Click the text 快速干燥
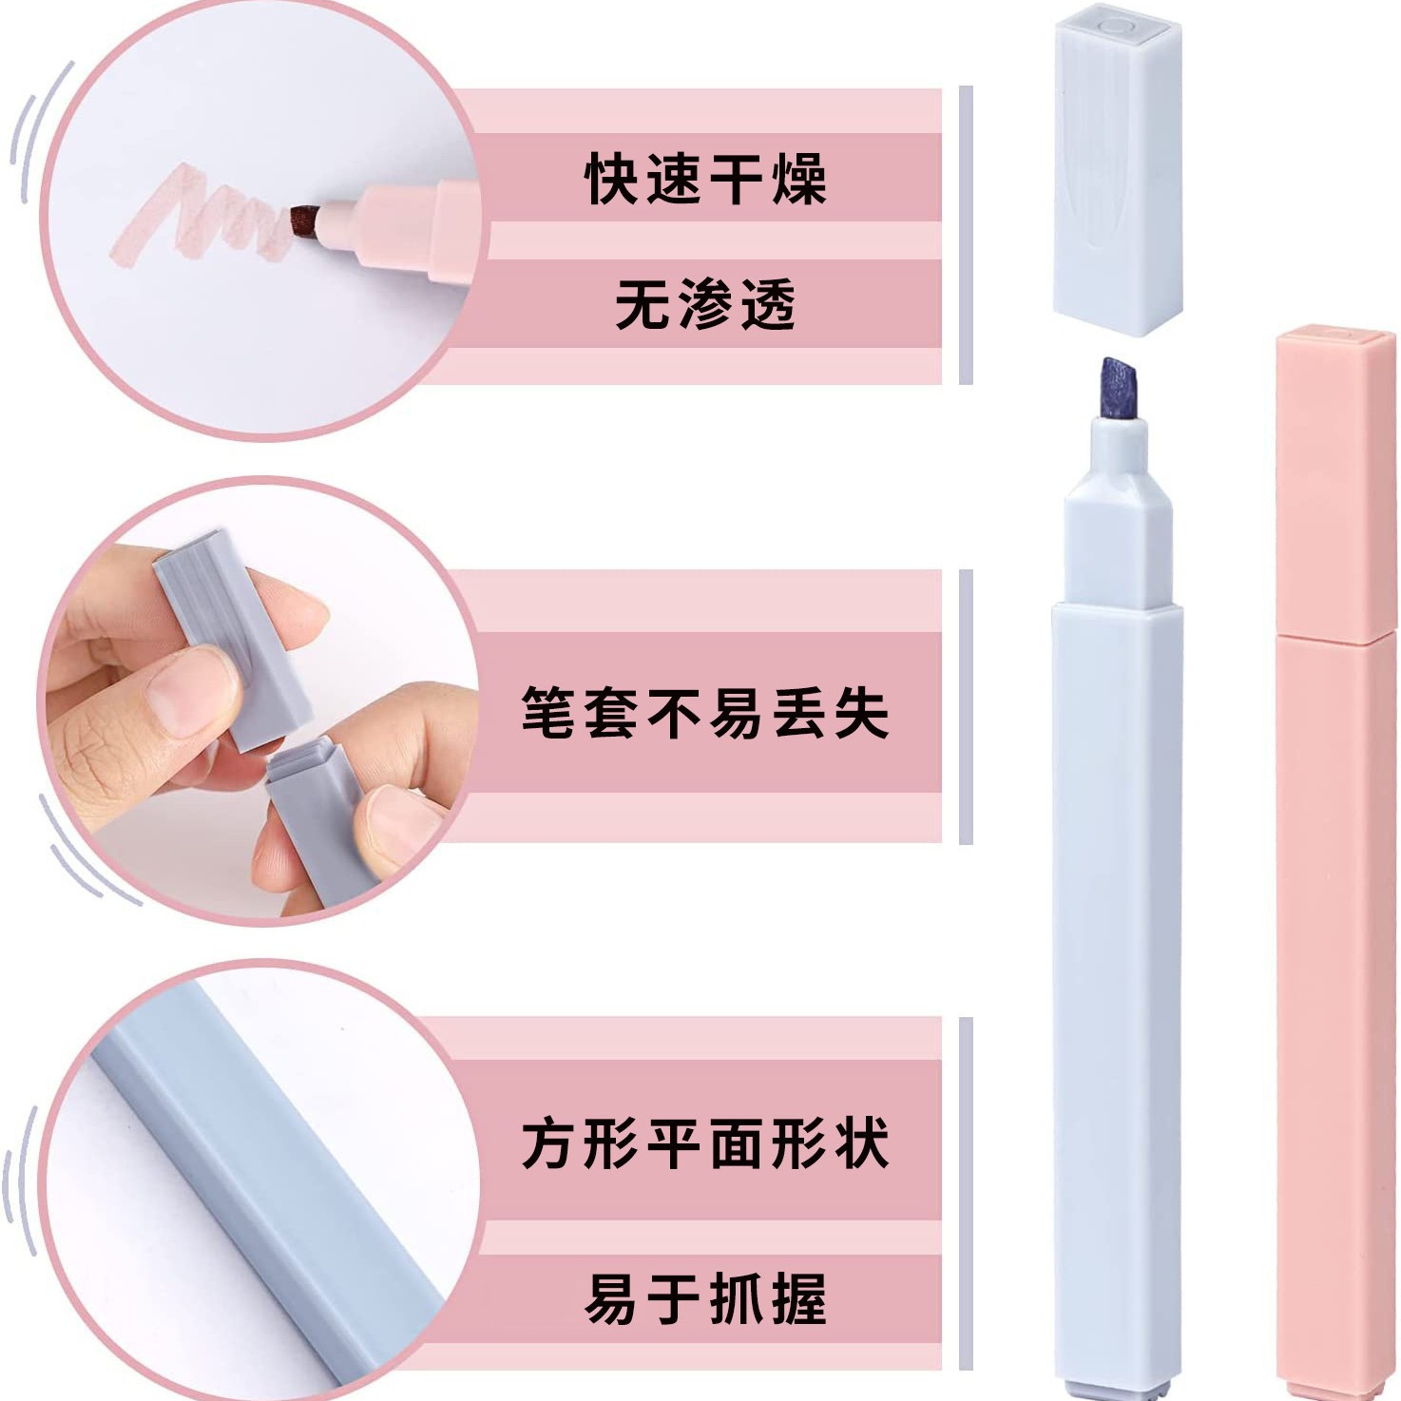coord(705,179)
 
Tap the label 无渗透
coord(705,305)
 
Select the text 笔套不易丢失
coord(705,712)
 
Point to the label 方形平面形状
coord(705,1142)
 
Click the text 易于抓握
coord(705,1298)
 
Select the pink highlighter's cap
coord(1334,485)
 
